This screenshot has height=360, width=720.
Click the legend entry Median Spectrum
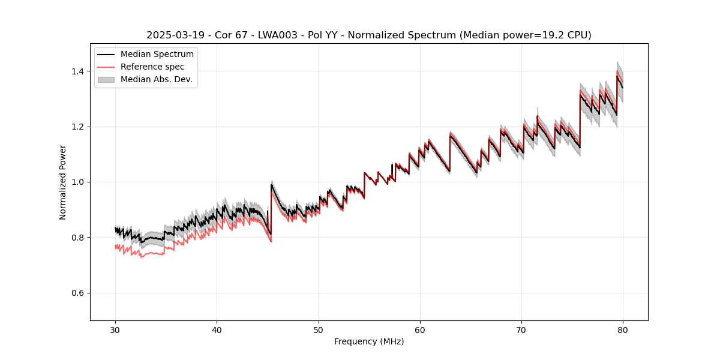click(x=157, y=55)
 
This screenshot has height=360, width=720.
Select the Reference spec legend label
click(x=152, y=67)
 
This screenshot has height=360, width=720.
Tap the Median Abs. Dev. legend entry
click(x=156, y=79)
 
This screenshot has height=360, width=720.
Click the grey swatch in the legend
click(x=107, y=79)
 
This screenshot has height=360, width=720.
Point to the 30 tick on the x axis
click(x=115, y=329)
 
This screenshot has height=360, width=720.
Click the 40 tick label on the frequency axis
click(x=217, y=329)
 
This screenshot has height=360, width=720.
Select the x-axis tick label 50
click(x=319, y=329)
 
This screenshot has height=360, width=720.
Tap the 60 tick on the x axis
click(x=420, y=329)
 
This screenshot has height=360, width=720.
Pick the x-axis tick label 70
click(x=521, y=329)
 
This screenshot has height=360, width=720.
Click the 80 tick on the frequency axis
click(x=623, y=329)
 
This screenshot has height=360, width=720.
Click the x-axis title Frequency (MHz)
click(x=369, y=341)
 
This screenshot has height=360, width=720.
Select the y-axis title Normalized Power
click(x=63, y=182)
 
